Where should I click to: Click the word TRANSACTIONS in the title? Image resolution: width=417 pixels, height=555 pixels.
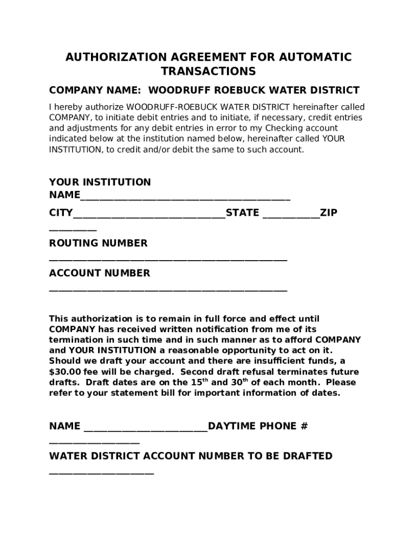[x=208, y=72]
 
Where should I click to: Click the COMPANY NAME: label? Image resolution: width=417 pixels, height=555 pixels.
[x=95, y=91]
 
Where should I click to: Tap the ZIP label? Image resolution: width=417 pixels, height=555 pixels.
[x=329, y=213]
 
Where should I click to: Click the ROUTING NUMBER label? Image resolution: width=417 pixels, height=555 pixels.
[x=98, y=243]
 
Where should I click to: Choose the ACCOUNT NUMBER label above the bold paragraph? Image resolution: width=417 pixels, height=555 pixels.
[x=100, y=273]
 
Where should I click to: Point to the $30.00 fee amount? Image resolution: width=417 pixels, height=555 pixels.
[x=63, y=372]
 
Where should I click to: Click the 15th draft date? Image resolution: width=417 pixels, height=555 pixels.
[x=199, y=382]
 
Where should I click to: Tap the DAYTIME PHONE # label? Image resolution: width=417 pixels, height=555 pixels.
[x=258, y=426]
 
